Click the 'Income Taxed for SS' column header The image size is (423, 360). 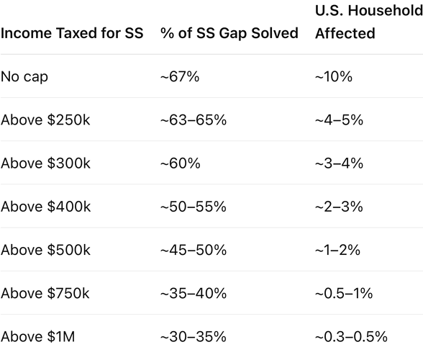pos(72,33)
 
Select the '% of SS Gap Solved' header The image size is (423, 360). pos(229,33)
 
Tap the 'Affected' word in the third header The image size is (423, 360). pos(345,33)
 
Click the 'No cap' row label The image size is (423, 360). pos(24,77)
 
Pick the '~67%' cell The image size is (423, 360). pos(180,77)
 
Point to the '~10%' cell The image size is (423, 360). pos(334,77)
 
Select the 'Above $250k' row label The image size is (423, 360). pos(45,120)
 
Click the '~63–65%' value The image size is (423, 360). pos(194,120)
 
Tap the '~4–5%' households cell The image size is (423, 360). pos(339,120)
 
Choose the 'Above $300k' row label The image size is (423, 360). pos(45,163)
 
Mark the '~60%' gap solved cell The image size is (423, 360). pos(181,163)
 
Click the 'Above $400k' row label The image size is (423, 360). pos(45,207)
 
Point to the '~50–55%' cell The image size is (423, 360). pos(194,207)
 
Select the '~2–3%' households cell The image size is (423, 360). pos(339,207)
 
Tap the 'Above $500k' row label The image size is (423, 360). pos(45,250)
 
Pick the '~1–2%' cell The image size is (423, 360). pos(338,250)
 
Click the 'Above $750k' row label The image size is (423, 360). pos(45,293)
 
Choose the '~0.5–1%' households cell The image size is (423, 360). pos(344,294)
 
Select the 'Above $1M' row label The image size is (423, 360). pos(37,337)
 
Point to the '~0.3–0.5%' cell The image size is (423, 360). pos(351,337)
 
